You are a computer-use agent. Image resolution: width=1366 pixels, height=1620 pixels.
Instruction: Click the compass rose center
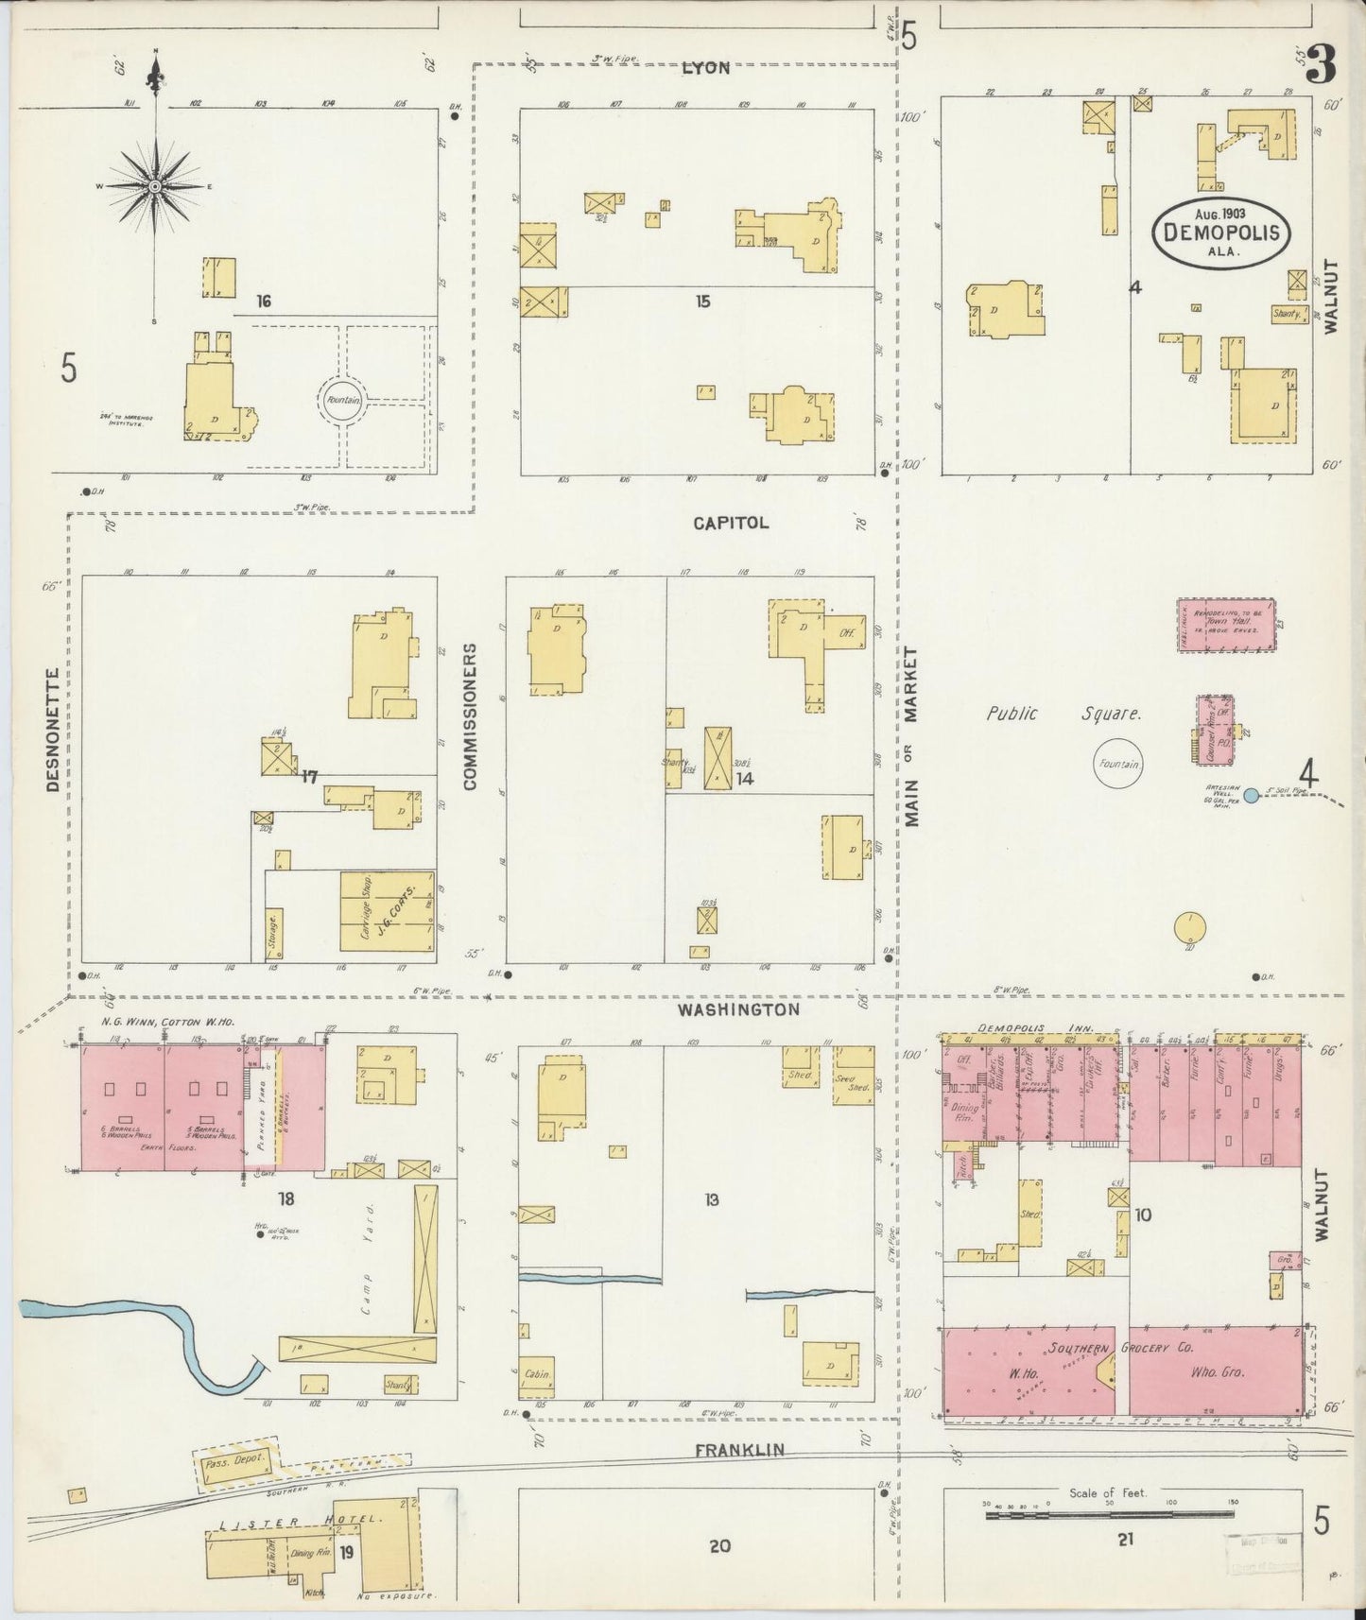pyautogui.click(x=155, y=186)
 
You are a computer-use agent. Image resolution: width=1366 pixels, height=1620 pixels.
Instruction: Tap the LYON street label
pyautogui.click(x=705, y=68)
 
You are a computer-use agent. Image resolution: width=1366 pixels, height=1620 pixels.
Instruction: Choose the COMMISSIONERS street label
pyautogui.click(x=470, y=715)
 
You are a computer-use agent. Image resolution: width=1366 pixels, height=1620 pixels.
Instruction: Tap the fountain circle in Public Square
pyautogui.click(x=1119, y=764)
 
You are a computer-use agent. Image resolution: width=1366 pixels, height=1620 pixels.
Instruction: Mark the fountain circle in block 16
pyautogui.click(x=339, y=400)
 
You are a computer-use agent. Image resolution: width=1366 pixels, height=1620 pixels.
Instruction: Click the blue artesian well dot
pyautogui.click(x=1251, y=796)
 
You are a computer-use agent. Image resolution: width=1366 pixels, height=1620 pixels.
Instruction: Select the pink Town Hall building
pyautogui.click(x=1226, y=625)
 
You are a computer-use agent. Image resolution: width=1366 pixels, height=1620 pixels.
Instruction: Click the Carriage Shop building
pyautogui.click(x=388, y=910)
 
